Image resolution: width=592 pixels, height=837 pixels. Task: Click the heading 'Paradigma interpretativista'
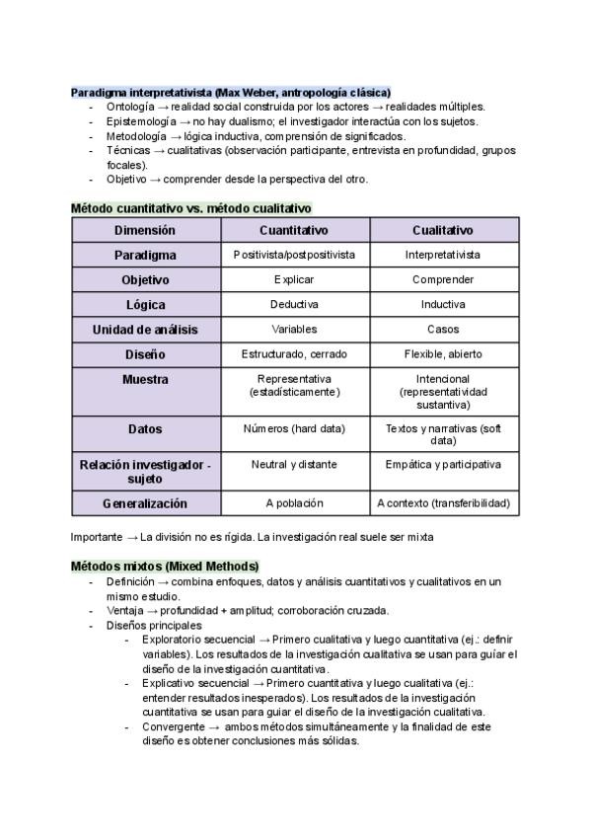click(x=231, y=92)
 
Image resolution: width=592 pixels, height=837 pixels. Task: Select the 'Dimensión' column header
click(x=145, y=230)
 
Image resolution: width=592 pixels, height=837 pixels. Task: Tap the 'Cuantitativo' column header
click(x=294, y=230)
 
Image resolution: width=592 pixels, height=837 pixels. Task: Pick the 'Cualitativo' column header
click(x=443, y=230)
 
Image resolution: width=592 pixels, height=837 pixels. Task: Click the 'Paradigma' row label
click(x=145, y=255)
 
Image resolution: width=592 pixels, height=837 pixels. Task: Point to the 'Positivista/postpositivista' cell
click(x=294, y=255)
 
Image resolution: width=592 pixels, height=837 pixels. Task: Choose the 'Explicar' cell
click(x=294, y=279)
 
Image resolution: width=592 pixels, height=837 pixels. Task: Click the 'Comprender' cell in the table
click(x=443, y=279)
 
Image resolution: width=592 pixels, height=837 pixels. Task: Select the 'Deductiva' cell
click(x=294, y=304)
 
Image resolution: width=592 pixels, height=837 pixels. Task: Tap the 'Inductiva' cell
click(x=443, y=304)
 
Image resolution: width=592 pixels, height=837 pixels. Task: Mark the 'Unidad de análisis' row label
click(x=145, y=329)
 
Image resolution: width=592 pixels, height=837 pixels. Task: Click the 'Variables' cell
click(x=294, y=329)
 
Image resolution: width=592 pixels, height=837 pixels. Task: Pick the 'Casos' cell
click(x=443, y=329)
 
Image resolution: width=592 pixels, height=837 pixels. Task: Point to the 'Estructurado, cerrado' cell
click(x=294, y=353)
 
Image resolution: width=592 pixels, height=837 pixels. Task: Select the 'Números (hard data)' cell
click(x=294, y=428)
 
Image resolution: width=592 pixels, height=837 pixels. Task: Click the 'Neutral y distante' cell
click(x=294, y=464)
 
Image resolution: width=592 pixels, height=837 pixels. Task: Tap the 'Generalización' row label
click(x=145, y=503)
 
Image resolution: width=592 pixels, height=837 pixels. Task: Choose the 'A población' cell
click(x=294, y=503)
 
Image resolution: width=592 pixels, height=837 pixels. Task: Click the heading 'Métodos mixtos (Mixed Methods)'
click(x=165, y=566)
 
